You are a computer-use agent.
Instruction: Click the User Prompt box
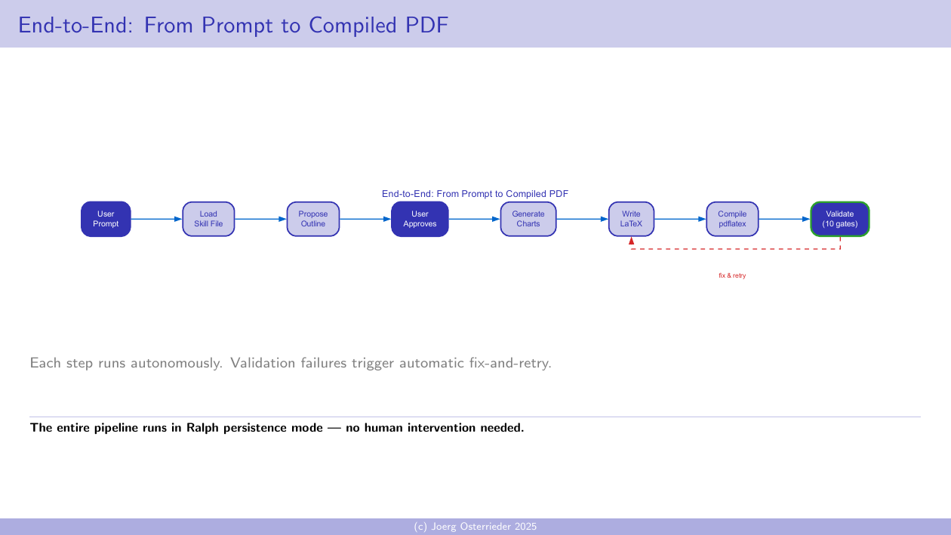(x=106, y=219)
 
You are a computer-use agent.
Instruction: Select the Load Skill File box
(x=208, y=219)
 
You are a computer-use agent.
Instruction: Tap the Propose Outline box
(x=313, y=219)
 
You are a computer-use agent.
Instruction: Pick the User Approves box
(x=420, y=219)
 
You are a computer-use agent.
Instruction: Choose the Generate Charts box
(x=528, y=219)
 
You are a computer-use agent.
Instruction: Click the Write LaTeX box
(x=631, y=219)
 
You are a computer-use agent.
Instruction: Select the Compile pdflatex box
(x=732, y=219)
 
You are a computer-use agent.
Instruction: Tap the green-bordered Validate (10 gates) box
(x=839, y=219)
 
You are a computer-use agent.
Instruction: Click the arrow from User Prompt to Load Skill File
(x=157, y=220)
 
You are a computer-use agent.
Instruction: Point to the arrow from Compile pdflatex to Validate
(x=784, y=220)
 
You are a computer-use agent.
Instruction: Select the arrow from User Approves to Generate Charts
(x=475, y=220)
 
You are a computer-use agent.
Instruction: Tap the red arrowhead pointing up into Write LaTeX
(x=631, y=241)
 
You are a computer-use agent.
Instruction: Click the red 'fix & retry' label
(x=732, y=276)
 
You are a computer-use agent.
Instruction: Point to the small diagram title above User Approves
(x=475, y=194)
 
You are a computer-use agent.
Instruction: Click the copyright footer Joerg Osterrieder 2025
(x=475, y=527)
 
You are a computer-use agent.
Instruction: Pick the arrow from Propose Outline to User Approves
(x=365, y=220)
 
